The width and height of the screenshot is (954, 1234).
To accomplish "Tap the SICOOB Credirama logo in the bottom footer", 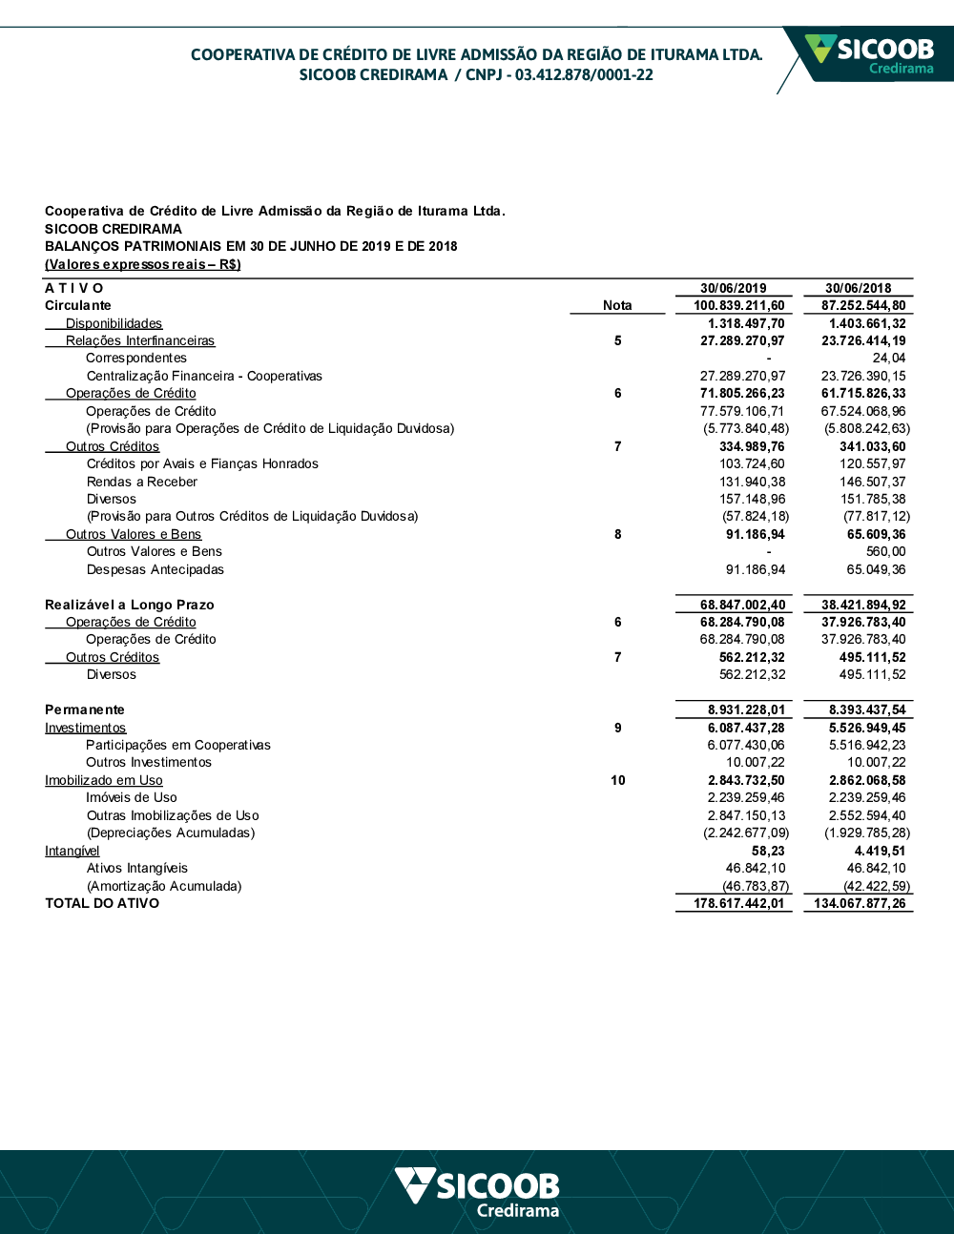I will tap(478, 1192).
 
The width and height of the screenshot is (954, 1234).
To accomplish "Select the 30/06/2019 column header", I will tap(733, 288).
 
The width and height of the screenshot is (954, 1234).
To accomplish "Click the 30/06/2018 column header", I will tap(858, 288).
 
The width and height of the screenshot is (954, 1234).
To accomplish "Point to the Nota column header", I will tap(617, 305).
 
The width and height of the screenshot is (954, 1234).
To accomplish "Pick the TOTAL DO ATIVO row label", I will tap(102, 903).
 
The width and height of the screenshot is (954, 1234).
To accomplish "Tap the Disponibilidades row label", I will tap(114, 323).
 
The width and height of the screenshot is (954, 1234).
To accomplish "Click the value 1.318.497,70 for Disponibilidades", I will tap(746, 323).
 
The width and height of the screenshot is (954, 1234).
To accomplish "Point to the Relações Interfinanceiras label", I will tap(140, 340).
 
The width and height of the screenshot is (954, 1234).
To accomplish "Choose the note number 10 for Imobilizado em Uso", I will tap(618, 780).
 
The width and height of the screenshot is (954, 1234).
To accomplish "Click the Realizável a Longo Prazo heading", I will tap(130, 605).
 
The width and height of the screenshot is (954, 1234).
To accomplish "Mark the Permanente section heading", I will tap(85, 710).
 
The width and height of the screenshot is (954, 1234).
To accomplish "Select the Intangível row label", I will tap(73, 851).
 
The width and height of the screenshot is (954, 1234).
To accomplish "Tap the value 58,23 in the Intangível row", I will tap(768, 851).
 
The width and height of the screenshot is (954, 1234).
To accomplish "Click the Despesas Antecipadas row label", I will tap(156, 569).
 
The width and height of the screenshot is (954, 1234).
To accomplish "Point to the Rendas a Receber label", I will tap(142, 482).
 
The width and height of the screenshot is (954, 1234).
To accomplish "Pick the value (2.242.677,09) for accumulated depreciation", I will tap(746, 833).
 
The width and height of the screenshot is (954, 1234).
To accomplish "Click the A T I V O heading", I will tap(74, 288).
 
